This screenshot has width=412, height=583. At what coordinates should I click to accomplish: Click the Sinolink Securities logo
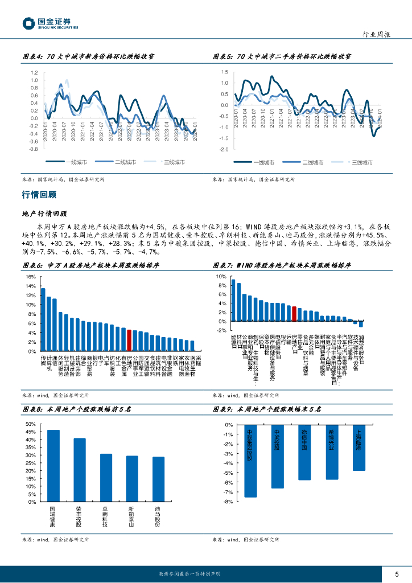[x=50, y=23]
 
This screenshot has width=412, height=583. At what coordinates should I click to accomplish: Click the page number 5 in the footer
[x=397, y=574]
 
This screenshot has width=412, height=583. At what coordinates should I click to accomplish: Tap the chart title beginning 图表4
[x=92, y=57]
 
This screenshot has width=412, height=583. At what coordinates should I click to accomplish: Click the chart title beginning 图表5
[x=282, y=57]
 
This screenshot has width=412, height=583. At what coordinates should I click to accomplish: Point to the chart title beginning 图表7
[x=282, y=265]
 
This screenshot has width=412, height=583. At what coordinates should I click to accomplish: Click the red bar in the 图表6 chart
[x=129, y=340]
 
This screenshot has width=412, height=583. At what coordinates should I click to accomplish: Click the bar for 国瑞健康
[x=53, y=466]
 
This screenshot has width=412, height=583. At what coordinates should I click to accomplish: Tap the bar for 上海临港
[x=359, y=447]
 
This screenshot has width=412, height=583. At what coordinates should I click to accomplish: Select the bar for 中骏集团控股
[x=250, y=461]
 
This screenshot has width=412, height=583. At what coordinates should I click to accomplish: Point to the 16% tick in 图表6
[x=31, y=277]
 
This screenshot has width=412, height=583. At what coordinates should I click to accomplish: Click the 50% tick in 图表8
[x=31, y=425]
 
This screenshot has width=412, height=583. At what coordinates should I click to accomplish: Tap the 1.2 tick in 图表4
[x=34, y=73]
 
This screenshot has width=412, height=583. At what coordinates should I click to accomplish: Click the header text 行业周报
[x=377, y=34]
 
